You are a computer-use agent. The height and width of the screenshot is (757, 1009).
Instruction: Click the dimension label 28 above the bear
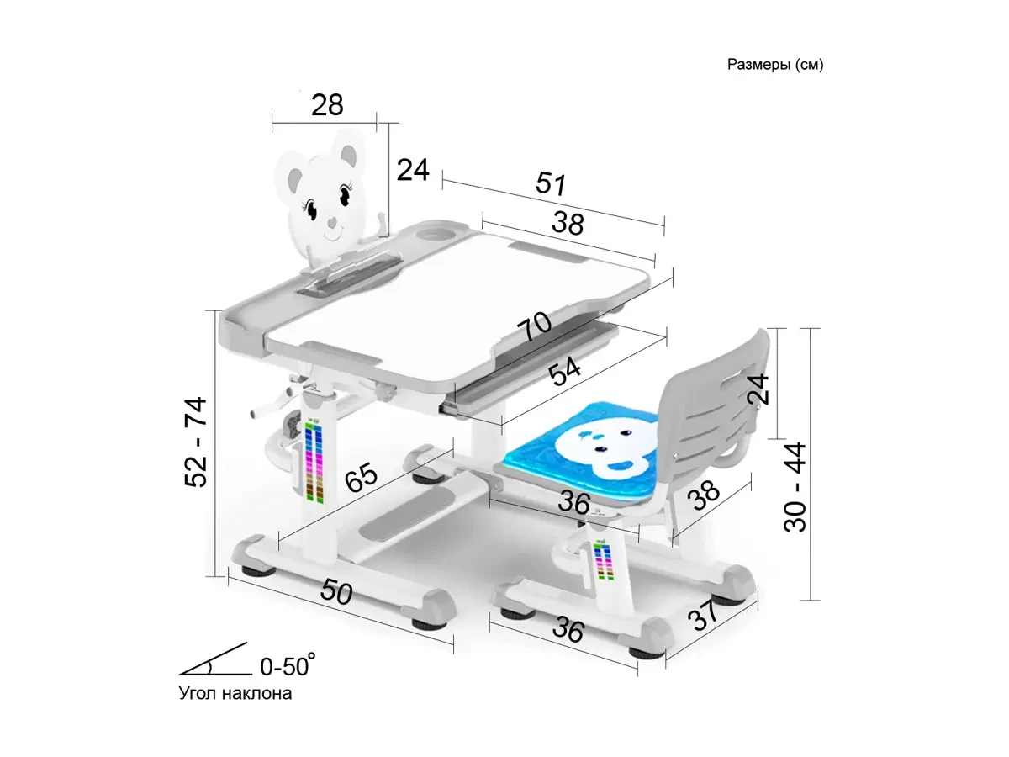coord(327,105)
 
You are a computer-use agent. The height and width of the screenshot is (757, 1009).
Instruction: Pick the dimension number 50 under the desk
coord(336,592)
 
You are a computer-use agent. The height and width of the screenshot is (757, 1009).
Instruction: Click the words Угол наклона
coord(235,694)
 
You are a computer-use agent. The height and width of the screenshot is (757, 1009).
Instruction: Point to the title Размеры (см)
coord(775,66)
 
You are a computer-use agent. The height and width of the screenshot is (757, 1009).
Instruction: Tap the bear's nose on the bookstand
coord(333,225)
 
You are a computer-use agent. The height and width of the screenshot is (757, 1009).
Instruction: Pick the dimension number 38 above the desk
coord(568,223)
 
